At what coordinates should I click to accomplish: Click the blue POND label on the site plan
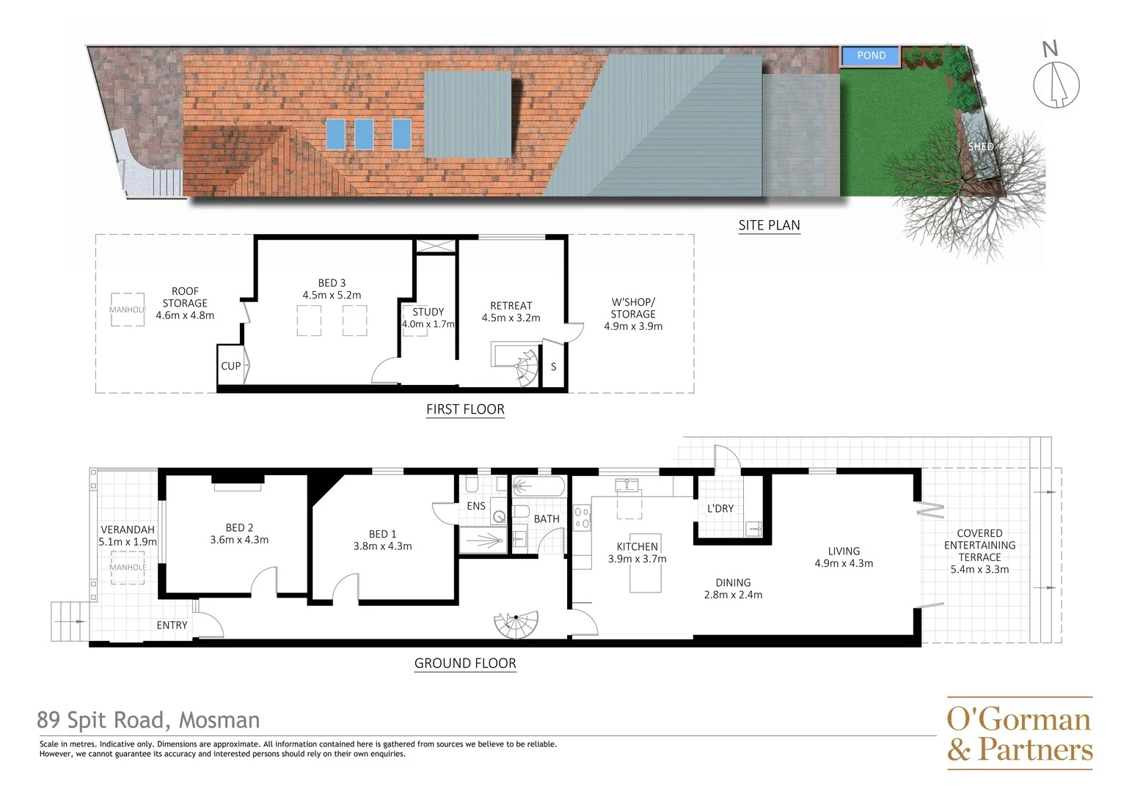pos(871,56)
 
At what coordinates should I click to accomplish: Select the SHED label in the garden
pos(980,147)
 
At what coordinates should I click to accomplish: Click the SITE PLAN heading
pos(769,226)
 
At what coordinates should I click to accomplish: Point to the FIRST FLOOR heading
pos(465,410)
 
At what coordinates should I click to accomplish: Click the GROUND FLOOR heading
pos(465,664)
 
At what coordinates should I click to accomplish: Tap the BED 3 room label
pos(332,283)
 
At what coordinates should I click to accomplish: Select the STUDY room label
pos(428,312)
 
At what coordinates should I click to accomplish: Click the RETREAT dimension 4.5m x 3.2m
pos(511,318)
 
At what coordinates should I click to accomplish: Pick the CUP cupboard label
pos(231,366)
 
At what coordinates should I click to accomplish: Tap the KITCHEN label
pos(637,546)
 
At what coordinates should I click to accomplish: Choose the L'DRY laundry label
pos(720,508)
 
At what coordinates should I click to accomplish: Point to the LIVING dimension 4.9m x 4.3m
pos(844,564)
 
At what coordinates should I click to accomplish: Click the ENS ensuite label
pos(476,506)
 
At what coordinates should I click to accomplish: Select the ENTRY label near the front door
pos(172,626)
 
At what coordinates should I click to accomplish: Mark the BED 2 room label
pos(239,528)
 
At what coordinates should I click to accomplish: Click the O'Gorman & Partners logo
pos(1019,733)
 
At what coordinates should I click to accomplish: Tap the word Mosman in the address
pos(219,721)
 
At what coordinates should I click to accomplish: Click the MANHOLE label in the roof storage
pos(128,309)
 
